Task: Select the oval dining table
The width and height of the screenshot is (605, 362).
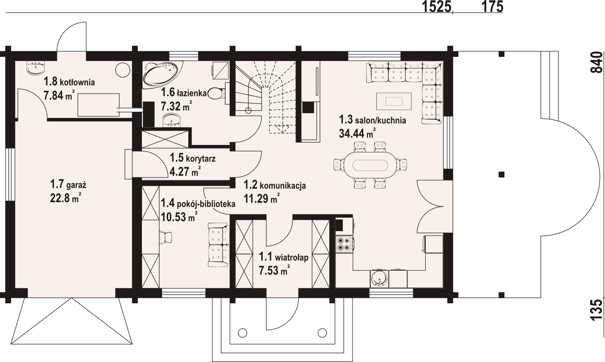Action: (x=369, y=165)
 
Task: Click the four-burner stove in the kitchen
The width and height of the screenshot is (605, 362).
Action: (x=344, y=244)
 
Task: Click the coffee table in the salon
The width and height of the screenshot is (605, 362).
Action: (x=394, y=101)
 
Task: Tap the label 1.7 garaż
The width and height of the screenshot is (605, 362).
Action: (x=68, y=185)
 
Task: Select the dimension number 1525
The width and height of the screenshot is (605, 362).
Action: (x=437, y=7)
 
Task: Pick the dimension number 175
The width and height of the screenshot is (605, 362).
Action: (x=492, y=7)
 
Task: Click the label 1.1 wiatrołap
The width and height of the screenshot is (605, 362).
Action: (x=284, y=257)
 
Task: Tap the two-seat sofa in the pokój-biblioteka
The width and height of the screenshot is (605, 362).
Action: (x=218, y=245)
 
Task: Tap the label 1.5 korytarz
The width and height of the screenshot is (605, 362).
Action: (x=192, y=158)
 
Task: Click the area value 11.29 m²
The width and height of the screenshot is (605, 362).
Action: (x=261, y=199)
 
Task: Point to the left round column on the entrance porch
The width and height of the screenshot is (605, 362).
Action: (x=243, y=333)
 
